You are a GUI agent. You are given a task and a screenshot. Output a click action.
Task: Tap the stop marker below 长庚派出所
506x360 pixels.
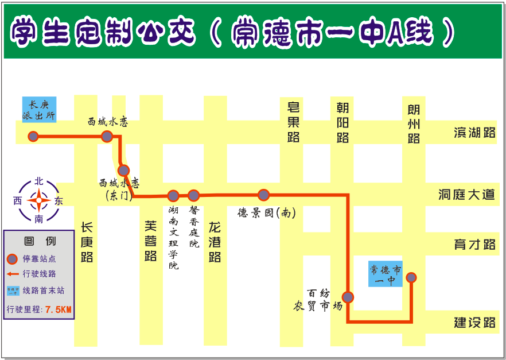pos(33,136)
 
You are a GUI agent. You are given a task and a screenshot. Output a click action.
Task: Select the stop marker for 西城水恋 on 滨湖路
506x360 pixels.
pos(107,136)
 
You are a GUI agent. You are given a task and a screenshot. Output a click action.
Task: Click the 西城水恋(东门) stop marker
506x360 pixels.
pos(123,171)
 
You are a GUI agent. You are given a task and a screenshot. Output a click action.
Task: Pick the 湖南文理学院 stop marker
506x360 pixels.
pos(173,195)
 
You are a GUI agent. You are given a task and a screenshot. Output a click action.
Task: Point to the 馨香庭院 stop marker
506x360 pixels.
pos(194,195)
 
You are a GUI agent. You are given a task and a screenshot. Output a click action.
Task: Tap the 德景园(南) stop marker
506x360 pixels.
pos(263,195)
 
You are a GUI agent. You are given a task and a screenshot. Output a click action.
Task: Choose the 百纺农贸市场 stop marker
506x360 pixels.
pos(348,297)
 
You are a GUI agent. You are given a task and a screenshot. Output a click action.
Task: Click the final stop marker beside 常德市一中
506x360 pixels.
pos(411,277)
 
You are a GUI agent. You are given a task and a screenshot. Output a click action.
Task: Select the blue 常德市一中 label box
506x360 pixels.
pos(385,274)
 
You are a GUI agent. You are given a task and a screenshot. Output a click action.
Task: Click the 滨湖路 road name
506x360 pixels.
pos(474,133)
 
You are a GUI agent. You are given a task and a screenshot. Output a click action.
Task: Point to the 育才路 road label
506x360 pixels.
pos(474,244)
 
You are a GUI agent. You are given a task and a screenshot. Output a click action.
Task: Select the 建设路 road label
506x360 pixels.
pos(474,322)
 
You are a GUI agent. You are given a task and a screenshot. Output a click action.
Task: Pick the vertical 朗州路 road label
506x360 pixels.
pos(414,124)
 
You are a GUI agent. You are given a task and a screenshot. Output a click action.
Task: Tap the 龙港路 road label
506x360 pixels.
pos(215,242)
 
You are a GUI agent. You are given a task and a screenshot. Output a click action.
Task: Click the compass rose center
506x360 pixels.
pos(39,201)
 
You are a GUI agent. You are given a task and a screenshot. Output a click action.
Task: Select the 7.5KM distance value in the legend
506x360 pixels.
pos(59,309)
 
